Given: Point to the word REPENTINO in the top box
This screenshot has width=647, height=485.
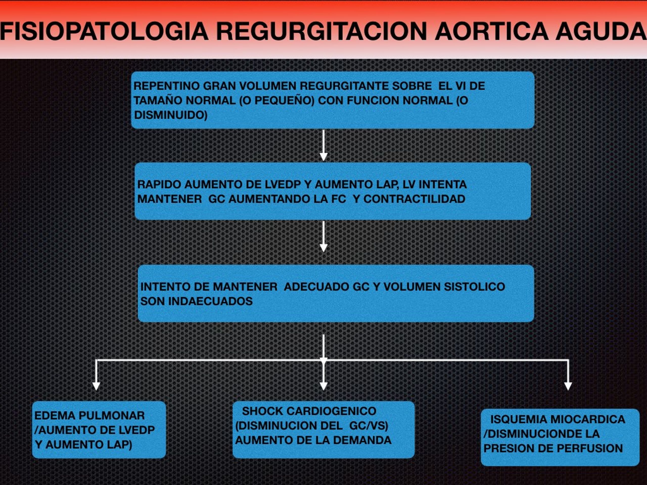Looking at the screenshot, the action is (x=167, y=86).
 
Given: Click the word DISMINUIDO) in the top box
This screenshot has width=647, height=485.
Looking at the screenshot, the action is (x=171, y=115).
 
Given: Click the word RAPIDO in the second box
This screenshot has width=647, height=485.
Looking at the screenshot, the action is (x=159, y=184).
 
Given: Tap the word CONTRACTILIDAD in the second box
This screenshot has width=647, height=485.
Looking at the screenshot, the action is (x=414, y=199).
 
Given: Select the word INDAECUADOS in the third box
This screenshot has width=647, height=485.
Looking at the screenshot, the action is (x=210, y=301).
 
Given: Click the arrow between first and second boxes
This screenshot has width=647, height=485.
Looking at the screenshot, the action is (x=323, y=145).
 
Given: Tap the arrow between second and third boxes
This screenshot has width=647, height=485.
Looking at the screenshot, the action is (x=323, y=236).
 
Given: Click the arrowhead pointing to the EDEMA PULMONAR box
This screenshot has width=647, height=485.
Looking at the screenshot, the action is (x=96, y=386).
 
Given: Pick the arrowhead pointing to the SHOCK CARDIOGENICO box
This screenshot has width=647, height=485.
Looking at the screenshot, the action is (x=323, y=386).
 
